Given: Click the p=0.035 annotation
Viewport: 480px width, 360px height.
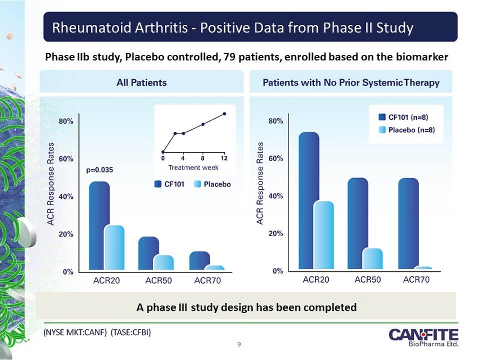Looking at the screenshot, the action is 99,170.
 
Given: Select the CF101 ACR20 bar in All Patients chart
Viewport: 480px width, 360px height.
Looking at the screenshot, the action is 99,226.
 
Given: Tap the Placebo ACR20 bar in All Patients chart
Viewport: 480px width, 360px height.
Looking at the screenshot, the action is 114,248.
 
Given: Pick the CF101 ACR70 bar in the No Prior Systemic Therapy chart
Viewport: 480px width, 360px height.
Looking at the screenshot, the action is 408,223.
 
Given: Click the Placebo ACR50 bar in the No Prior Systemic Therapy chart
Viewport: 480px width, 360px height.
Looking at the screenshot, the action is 373,259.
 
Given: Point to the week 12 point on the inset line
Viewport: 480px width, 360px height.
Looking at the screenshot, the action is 224,114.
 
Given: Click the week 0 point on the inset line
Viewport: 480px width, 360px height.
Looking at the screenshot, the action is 163,152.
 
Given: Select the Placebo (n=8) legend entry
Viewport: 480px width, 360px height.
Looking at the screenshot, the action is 407,130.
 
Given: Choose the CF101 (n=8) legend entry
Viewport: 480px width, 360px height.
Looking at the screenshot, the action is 403,117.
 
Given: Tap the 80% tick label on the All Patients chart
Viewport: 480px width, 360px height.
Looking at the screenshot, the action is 66,122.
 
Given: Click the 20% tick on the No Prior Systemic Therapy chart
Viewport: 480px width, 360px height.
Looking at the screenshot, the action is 276,233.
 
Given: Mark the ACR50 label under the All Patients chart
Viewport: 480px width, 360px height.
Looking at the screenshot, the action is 158,280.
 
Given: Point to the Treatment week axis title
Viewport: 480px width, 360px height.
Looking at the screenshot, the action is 193,168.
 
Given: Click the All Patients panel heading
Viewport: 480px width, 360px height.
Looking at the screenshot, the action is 142,83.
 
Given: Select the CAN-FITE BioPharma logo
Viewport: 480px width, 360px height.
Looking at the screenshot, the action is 424,337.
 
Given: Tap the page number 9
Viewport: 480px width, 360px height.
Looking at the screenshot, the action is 239,344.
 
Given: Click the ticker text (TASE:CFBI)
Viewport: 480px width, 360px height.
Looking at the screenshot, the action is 130,332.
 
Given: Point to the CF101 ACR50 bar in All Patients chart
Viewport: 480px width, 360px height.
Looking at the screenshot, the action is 149,253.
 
